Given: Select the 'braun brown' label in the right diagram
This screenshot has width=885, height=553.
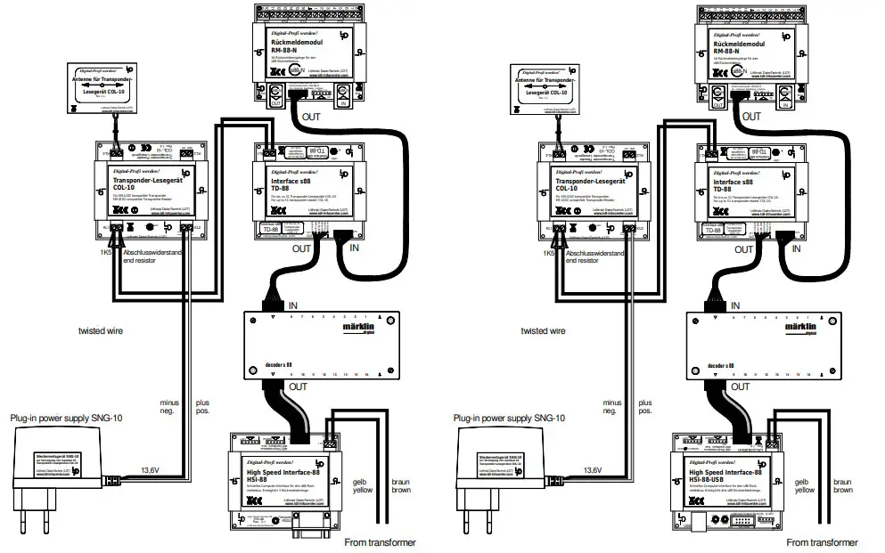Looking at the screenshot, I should click(842, 485).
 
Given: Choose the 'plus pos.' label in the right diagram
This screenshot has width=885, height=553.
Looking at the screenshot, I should click(644, 407).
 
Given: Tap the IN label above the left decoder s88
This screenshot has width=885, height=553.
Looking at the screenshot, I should click(293, 305).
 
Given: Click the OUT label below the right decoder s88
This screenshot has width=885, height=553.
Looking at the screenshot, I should click(741, 387).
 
